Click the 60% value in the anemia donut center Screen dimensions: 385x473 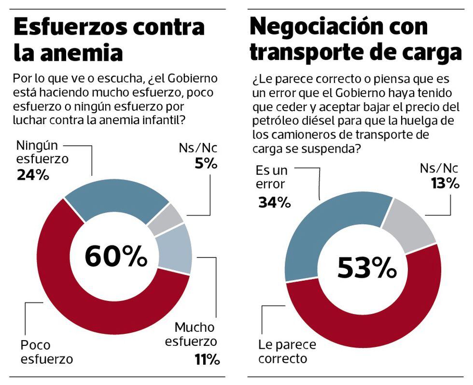(116, 256)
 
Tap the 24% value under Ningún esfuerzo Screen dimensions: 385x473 (33, 174)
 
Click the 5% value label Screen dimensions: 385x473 (206, 164)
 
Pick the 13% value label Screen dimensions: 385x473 (445, 183)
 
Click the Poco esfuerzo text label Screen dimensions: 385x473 (46, 352)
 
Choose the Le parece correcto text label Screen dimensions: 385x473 (287, 352)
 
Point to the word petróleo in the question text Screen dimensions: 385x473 (274, 120)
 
